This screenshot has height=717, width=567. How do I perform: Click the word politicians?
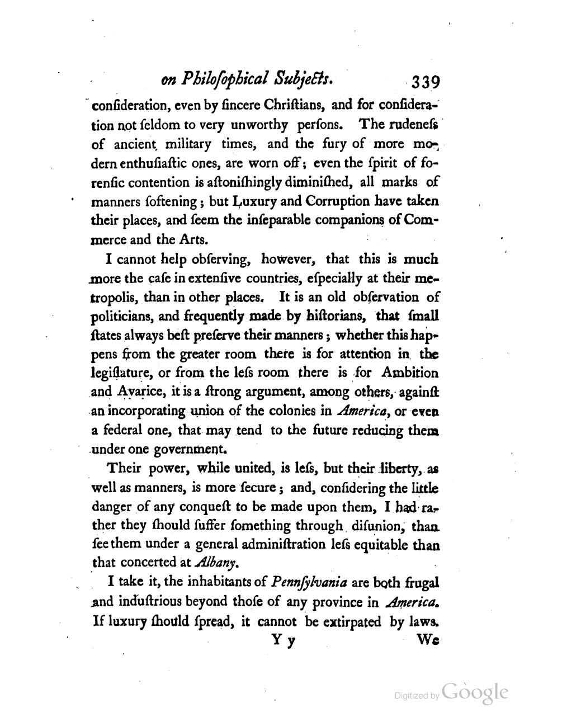122,316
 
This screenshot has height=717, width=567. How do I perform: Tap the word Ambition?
410,372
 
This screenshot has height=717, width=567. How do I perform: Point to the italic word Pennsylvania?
309,582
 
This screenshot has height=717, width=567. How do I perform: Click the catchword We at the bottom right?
428,641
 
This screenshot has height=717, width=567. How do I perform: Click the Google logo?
474,692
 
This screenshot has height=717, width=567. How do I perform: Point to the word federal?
122,430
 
